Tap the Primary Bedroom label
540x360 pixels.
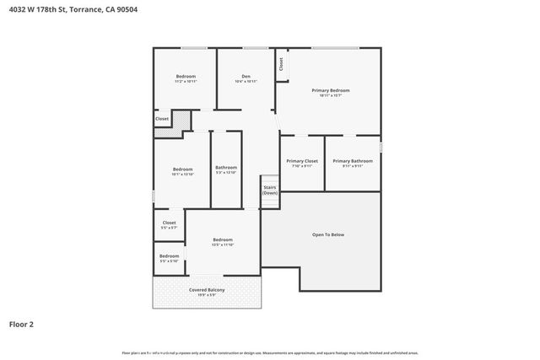click(x=330, y=90)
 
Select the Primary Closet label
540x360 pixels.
click(x=301, y=161)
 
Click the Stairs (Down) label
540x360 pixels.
click(x=270, y=190)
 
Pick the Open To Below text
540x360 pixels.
click(x=328, y=234)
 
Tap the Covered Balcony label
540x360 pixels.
click(x=207, y=290)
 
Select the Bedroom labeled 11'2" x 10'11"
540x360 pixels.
click(x=186, y=76)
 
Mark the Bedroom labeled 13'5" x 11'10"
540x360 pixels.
click(x=222, y=240)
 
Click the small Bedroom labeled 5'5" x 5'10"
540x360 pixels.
click(x=169, y=256)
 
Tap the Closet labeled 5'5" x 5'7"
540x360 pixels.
click(x=169, y=223)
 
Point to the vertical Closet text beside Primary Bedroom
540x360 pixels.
click(x=281, y=63)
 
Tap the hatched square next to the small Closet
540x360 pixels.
click(x=181, y=120)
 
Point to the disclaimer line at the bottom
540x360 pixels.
click(x=270, y=352)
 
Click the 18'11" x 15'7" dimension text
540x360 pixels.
click(x=330, y=95)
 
